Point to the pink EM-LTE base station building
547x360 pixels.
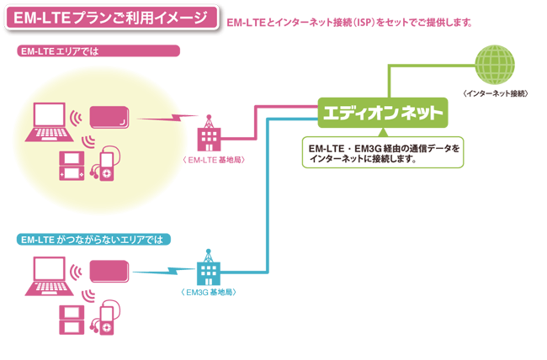[207, 135]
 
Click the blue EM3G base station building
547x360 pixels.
[207, 271]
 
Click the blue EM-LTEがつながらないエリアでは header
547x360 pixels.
[94, 240]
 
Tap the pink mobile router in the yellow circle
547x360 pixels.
[109, 117]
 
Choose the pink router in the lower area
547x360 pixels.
[109, 270]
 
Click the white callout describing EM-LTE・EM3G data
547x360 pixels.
[383, 152]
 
